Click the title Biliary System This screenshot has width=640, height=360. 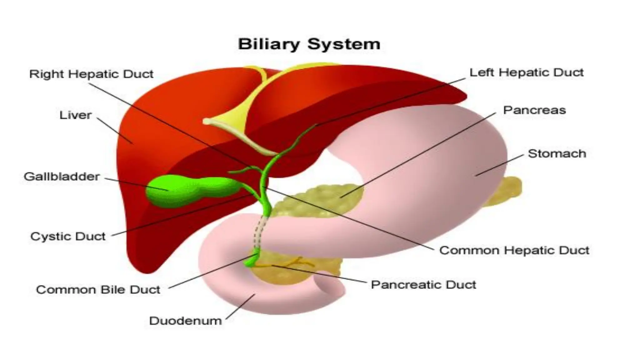(x=309, y=44)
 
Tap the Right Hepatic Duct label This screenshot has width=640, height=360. (x=91, y=74)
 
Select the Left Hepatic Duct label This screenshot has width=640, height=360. (x=527, y=72)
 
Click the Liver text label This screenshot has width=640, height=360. (x=76, y=115)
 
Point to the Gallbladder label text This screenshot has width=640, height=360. (x=62, y=177)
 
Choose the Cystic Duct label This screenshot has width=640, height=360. (x=68, y=236)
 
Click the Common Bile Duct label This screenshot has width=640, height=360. (x=98, y=290)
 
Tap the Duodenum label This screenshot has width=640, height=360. (x=185, y=321)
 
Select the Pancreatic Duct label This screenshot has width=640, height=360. (x=423, y=285)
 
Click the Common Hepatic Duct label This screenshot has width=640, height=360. (x=514, y=250)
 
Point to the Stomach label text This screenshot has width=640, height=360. (x=557, y=154)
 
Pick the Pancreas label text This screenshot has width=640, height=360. (x=534, y=110)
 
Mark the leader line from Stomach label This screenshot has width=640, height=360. (x=500, y=165)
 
